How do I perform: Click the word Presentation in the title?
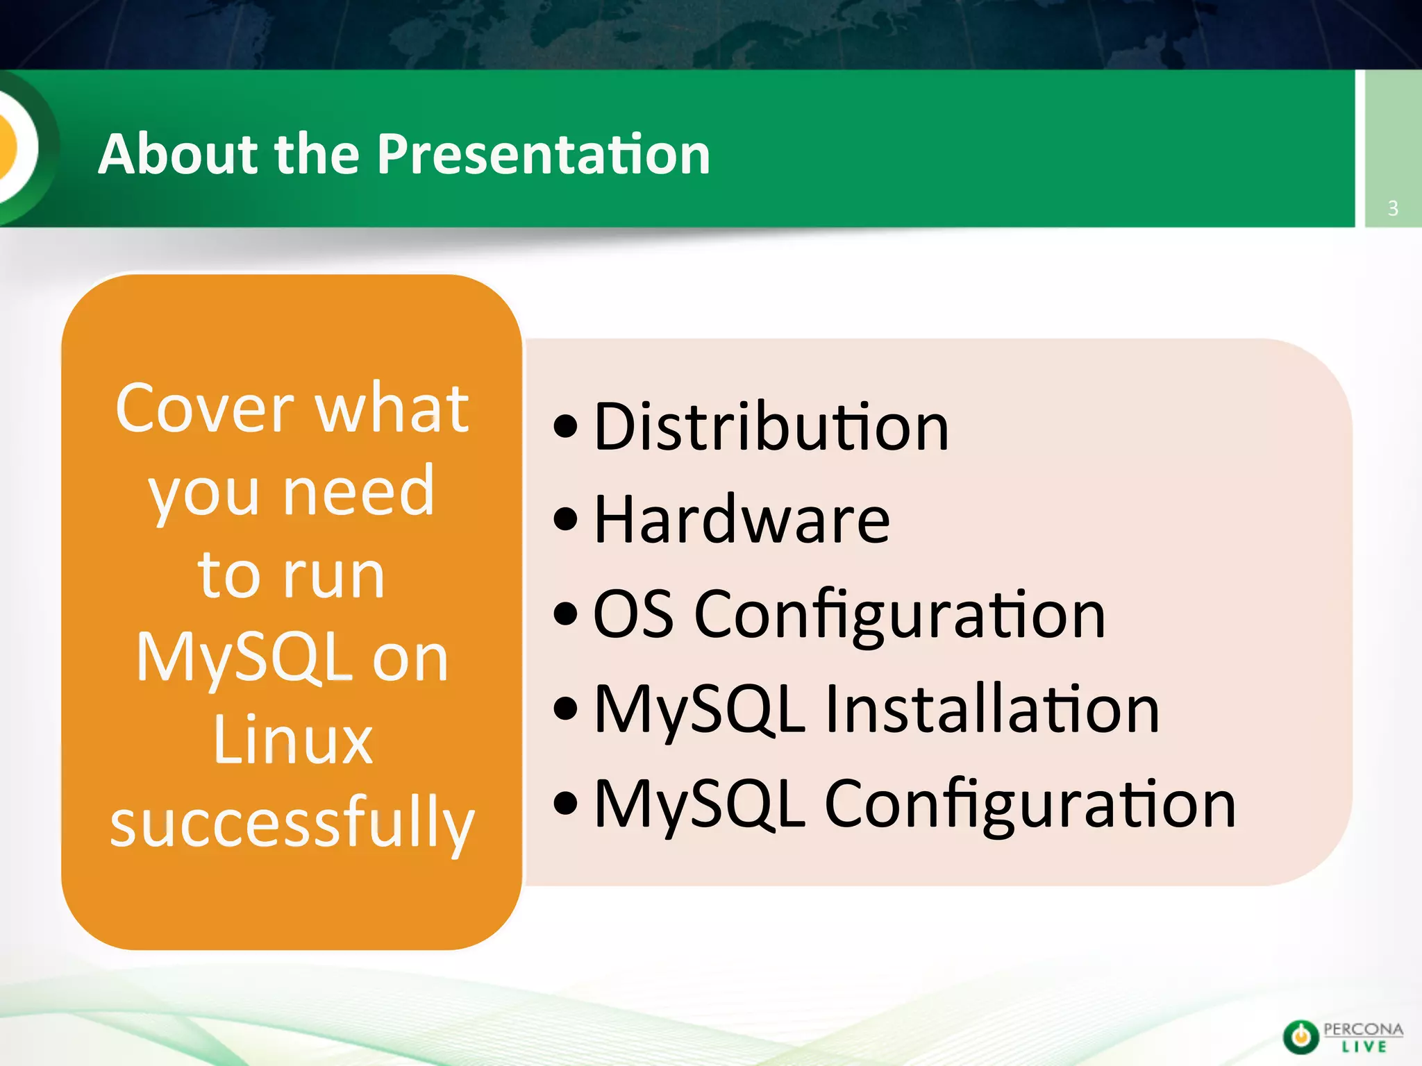(544, 153)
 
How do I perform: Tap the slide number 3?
(1393, 208)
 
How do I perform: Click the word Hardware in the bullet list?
(742, 521)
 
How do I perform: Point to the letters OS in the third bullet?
(633, 614)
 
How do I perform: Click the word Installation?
(992, 709)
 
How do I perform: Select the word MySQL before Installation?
(700, 711)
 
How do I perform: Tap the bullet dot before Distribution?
(566, 428)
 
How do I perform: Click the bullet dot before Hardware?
(566, 521)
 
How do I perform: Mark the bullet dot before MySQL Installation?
(566, 709)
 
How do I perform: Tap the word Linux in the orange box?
(292, 740)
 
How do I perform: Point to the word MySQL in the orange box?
(244, 659)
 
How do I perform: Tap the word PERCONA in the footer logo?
(1363, 1029)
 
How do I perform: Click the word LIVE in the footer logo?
(1364, 1047)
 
